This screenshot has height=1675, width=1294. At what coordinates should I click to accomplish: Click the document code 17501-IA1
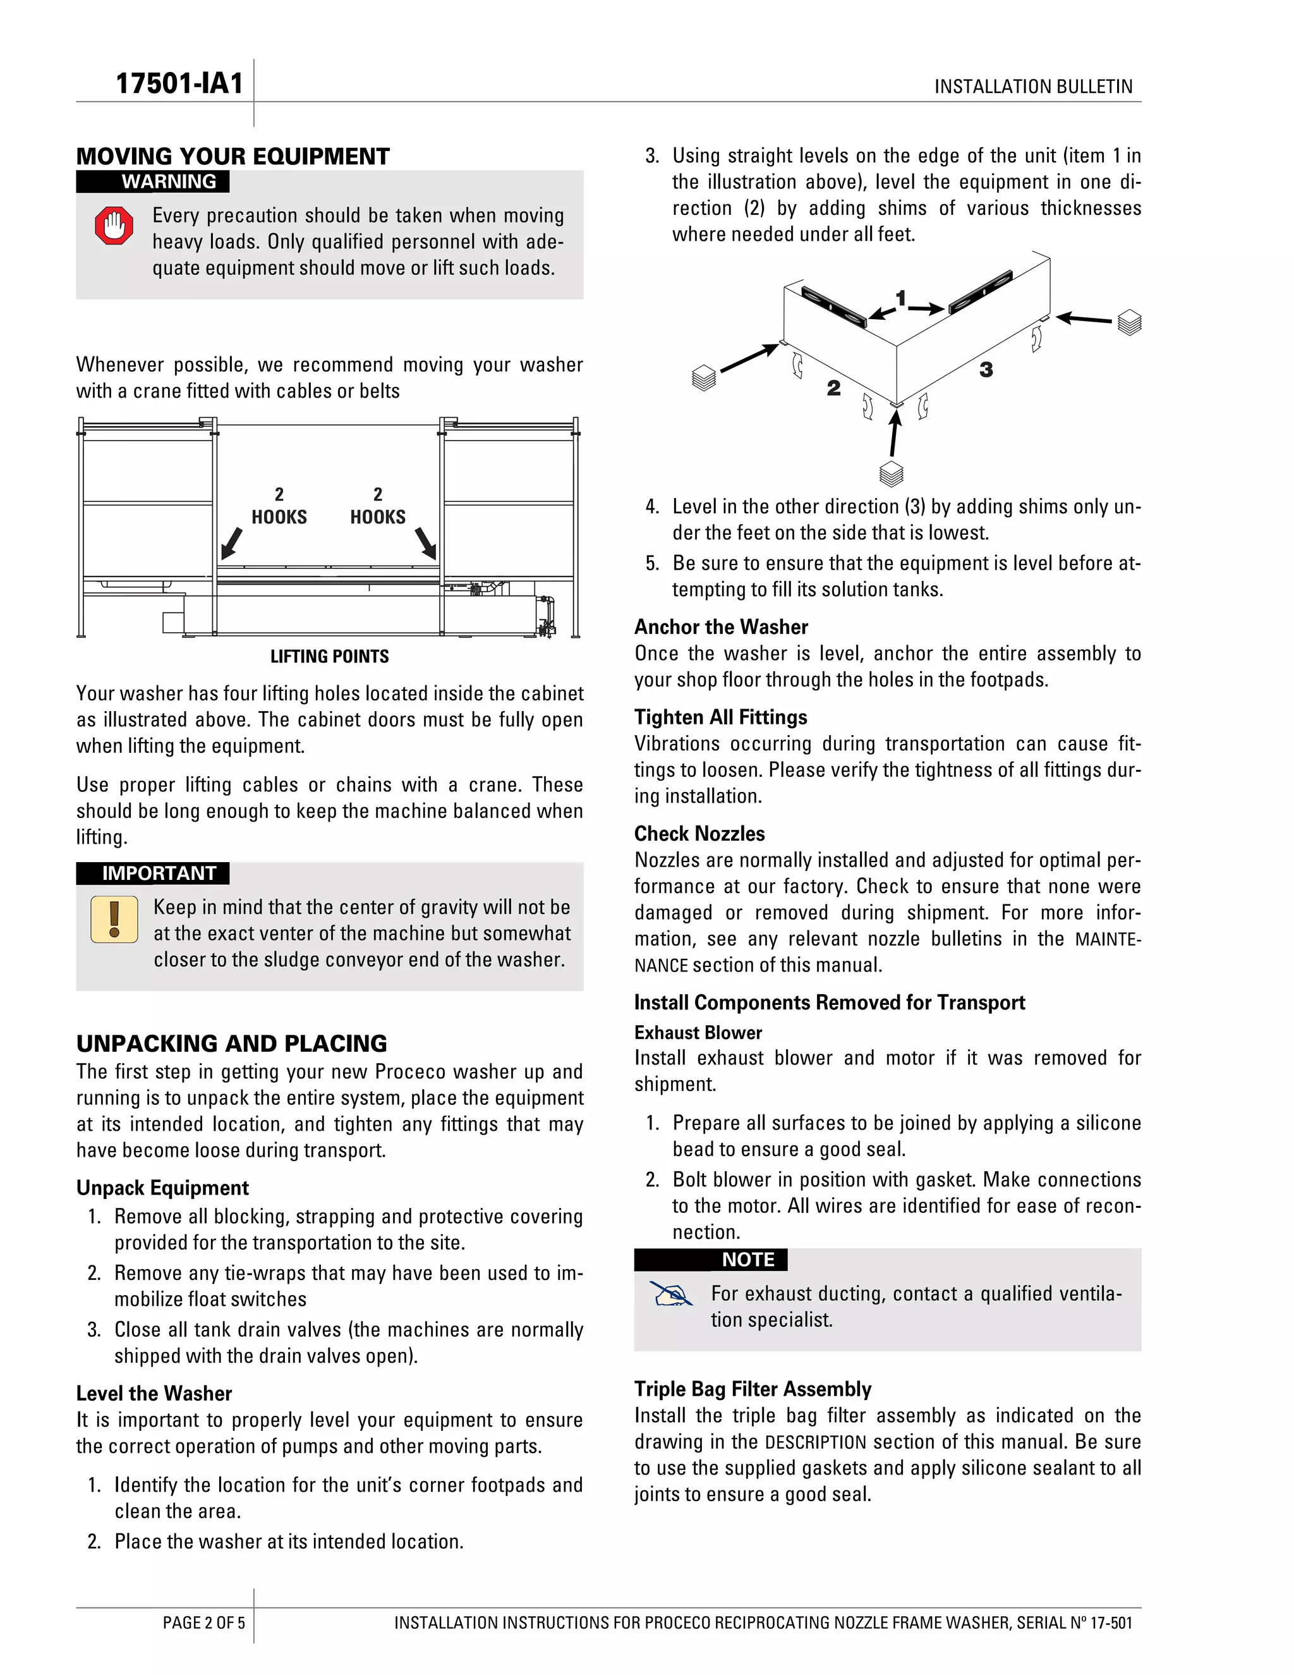tap(179, 83)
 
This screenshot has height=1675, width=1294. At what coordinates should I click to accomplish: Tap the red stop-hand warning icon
tap(114, 226)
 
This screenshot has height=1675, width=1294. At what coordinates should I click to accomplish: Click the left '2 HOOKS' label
tap(279, 506)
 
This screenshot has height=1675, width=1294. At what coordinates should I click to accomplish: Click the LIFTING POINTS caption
tap(330, 657)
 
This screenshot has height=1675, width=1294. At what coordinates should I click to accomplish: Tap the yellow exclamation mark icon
tap(114, 919)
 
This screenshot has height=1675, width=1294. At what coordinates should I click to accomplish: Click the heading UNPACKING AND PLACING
tap(231, 1044)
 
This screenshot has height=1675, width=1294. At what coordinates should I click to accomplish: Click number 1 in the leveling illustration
tap(901, 298)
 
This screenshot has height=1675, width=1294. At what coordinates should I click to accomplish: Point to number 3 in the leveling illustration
tap(986, 370)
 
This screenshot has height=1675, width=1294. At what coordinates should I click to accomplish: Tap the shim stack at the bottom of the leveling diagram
tap(891, 474)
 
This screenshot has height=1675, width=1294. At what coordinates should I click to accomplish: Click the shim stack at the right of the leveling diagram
tap(1129, 322)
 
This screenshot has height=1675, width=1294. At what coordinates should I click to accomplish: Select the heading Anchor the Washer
tap(720, 628)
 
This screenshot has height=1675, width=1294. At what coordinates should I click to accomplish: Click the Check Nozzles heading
tap(699, 834)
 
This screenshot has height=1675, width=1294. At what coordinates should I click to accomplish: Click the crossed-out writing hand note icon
tap(671, 1294)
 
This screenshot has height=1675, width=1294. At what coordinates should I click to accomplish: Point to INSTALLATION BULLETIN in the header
tap(1032, 87)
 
